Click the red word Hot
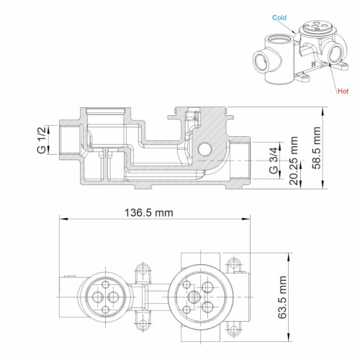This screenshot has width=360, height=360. [x=342, y=92]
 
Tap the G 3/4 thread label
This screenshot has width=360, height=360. [x=274, y=160]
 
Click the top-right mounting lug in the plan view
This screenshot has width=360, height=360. [x=233, y=266]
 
